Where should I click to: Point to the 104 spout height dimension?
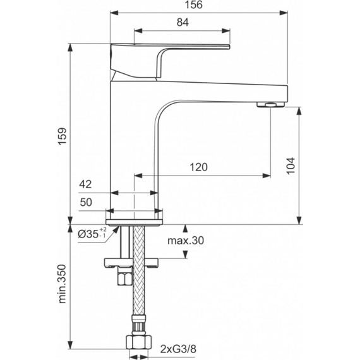click(290, 165)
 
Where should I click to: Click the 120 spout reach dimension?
click(198, 167)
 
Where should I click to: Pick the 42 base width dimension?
click(86, 185)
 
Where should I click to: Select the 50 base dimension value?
click(86, 203)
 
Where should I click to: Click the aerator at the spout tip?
click(270, 105)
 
